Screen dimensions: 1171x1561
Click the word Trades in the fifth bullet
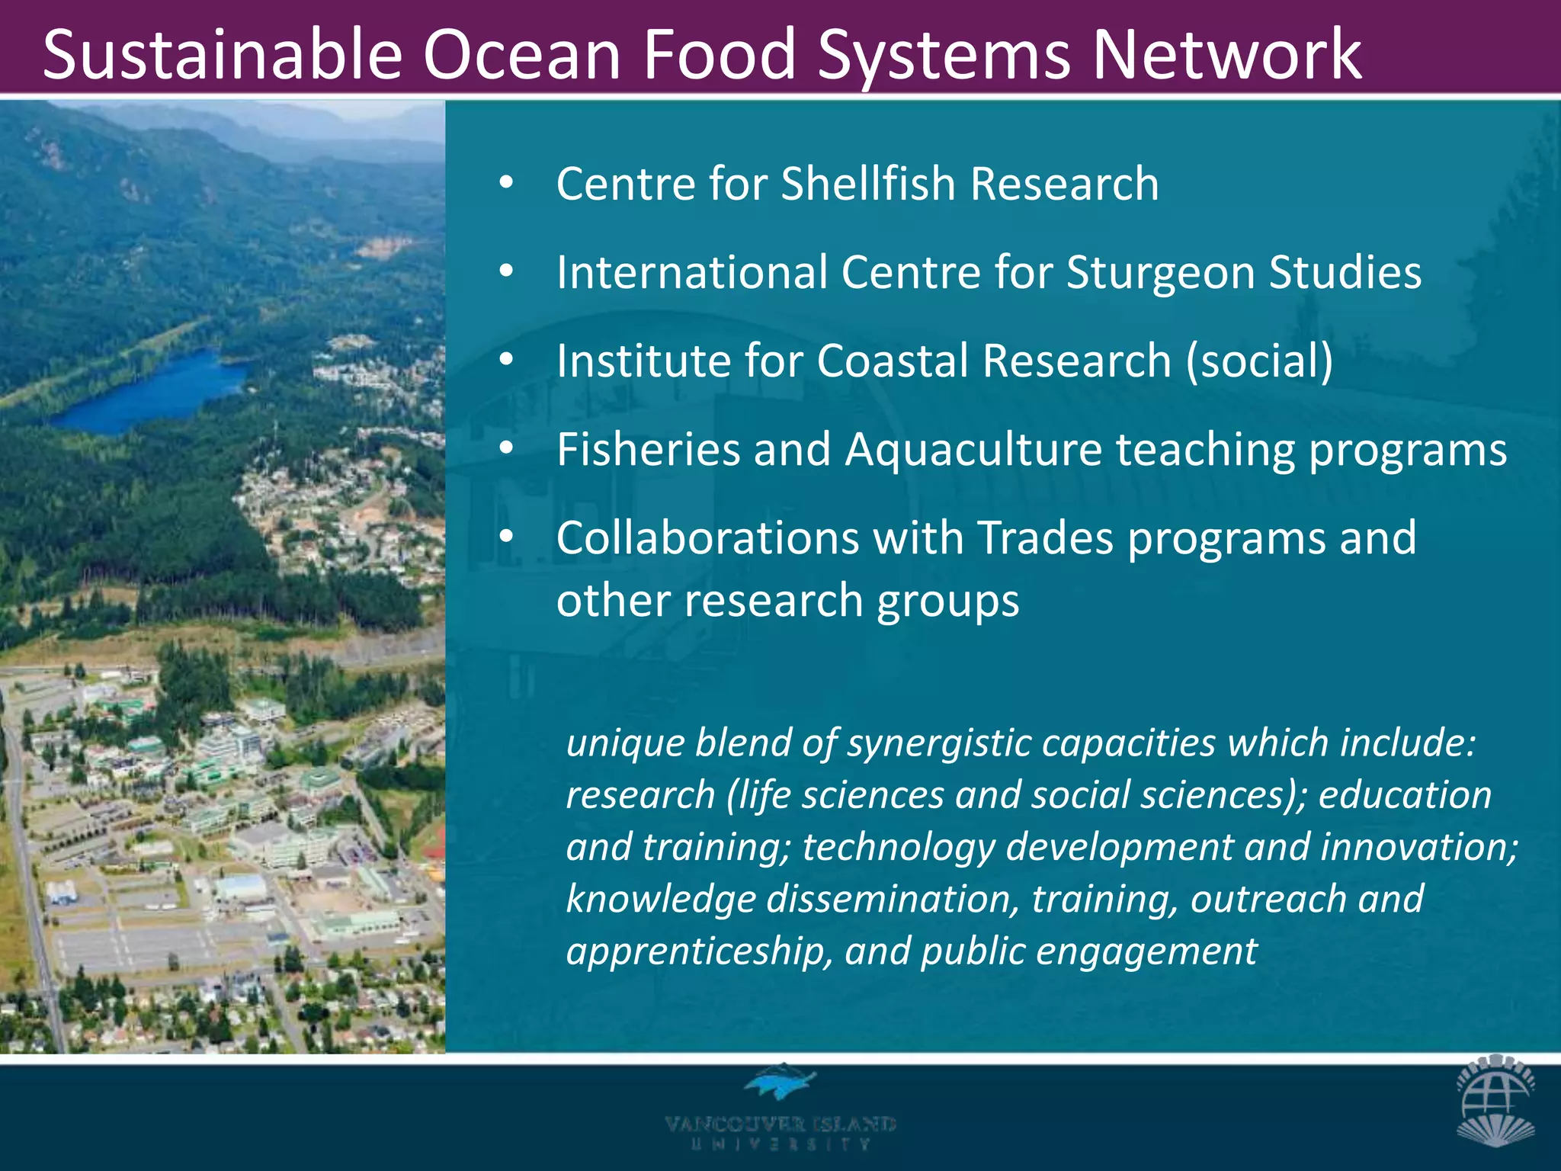click(x=1045, y=537)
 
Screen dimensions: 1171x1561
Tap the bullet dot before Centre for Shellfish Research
click(x=506, y=184)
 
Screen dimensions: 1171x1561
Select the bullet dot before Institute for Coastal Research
click(x=506, y=361)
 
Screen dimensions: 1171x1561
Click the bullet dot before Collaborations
click(x=506, y=537)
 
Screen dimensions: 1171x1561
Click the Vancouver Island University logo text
click(x=780, y=1132)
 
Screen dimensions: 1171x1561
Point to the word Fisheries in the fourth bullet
click(x=648, y=449)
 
